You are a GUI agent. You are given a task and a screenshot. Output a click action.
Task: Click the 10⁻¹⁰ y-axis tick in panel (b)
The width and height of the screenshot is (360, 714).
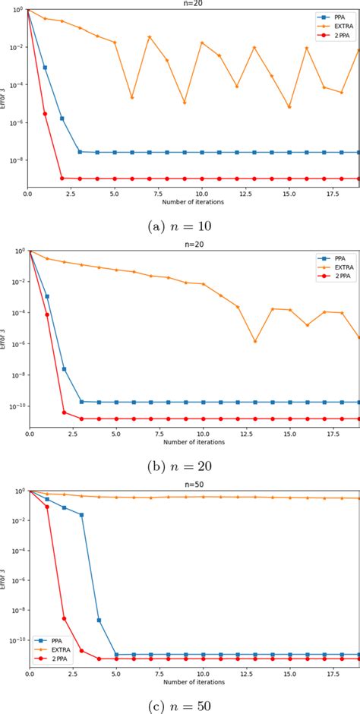(16, 406)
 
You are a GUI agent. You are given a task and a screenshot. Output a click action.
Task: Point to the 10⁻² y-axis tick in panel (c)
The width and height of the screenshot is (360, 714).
(16, 521)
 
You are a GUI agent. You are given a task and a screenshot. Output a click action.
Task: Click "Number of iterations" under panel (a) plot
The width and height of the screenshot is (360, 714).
(193, 202)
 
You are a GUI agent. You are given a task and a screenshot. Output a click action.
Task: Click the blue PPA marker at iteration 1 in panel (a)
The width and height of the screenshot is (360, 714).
(45, 68)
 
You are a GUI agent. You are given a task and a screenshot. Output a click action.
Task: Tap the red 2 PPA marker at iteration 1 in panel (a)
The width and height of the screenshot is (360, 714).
(45, 114)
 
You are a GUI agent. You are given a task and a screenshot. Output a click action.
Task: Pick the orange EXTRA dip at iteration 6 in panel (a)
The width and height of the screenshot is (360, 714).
(132, 97)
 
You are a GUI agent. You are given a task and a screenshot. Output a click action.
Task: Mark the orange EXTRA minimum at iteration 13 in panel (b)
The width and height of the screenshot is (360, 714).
(255, 341)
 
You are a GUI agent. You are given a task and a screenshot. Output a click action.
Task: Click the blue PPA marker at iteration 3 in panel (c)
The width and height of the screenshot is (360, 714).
(81, 515)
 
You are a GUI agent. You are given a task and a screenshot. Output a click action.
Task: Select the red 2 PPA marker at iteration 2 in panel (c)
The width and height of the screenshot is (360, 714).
(64, 619)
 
